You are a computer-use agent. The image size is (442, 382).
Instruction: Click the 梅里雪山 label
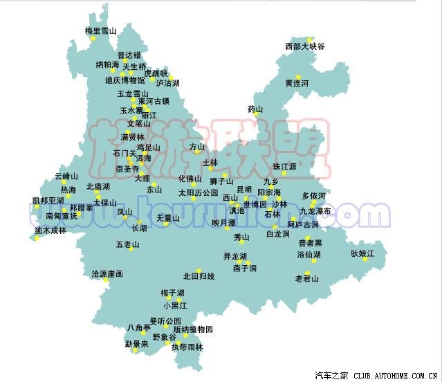point(100,31)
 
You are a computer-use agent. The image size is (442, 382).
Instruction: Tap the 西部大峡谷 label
point(304,46)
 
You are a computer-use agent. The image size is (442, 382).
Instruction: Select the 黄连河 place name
point(297,83)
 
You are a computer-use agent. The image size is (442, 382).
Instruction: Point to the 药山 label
point(255,109)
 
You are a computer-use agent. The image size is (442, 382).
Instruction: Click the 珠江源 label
point(284,167)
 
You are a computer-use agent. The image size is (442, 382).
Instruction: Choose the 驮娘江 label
point(362,254)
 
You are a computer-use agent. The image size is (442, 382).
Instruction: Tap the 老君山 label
point(307,279)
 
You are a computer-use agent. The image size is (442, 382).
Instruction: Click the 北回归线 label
point(199,277)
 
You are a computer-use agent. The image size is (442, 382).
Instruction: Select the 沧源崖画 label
point(107,274)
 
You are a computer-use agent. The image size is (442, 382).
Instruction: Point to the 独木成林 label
point(50,230)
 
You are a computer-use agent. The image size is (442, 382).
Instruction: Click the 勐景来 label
point(136,344)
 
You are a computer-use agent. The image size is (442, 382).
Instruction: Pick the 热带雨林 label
point(187,347)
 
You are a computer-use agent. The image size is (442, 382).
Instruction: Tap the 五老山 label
point(128,245)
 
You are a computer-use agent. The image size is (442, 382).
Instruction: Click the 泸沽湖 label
point(168,83)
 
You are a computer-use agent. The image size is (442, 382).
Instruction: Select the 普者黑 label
point(310,243)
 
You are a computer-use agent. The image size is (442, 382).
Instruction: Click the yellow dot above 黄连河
point(298,76)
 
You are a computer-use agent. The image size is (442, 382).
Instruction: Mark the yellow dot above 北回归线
point(199,270)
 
